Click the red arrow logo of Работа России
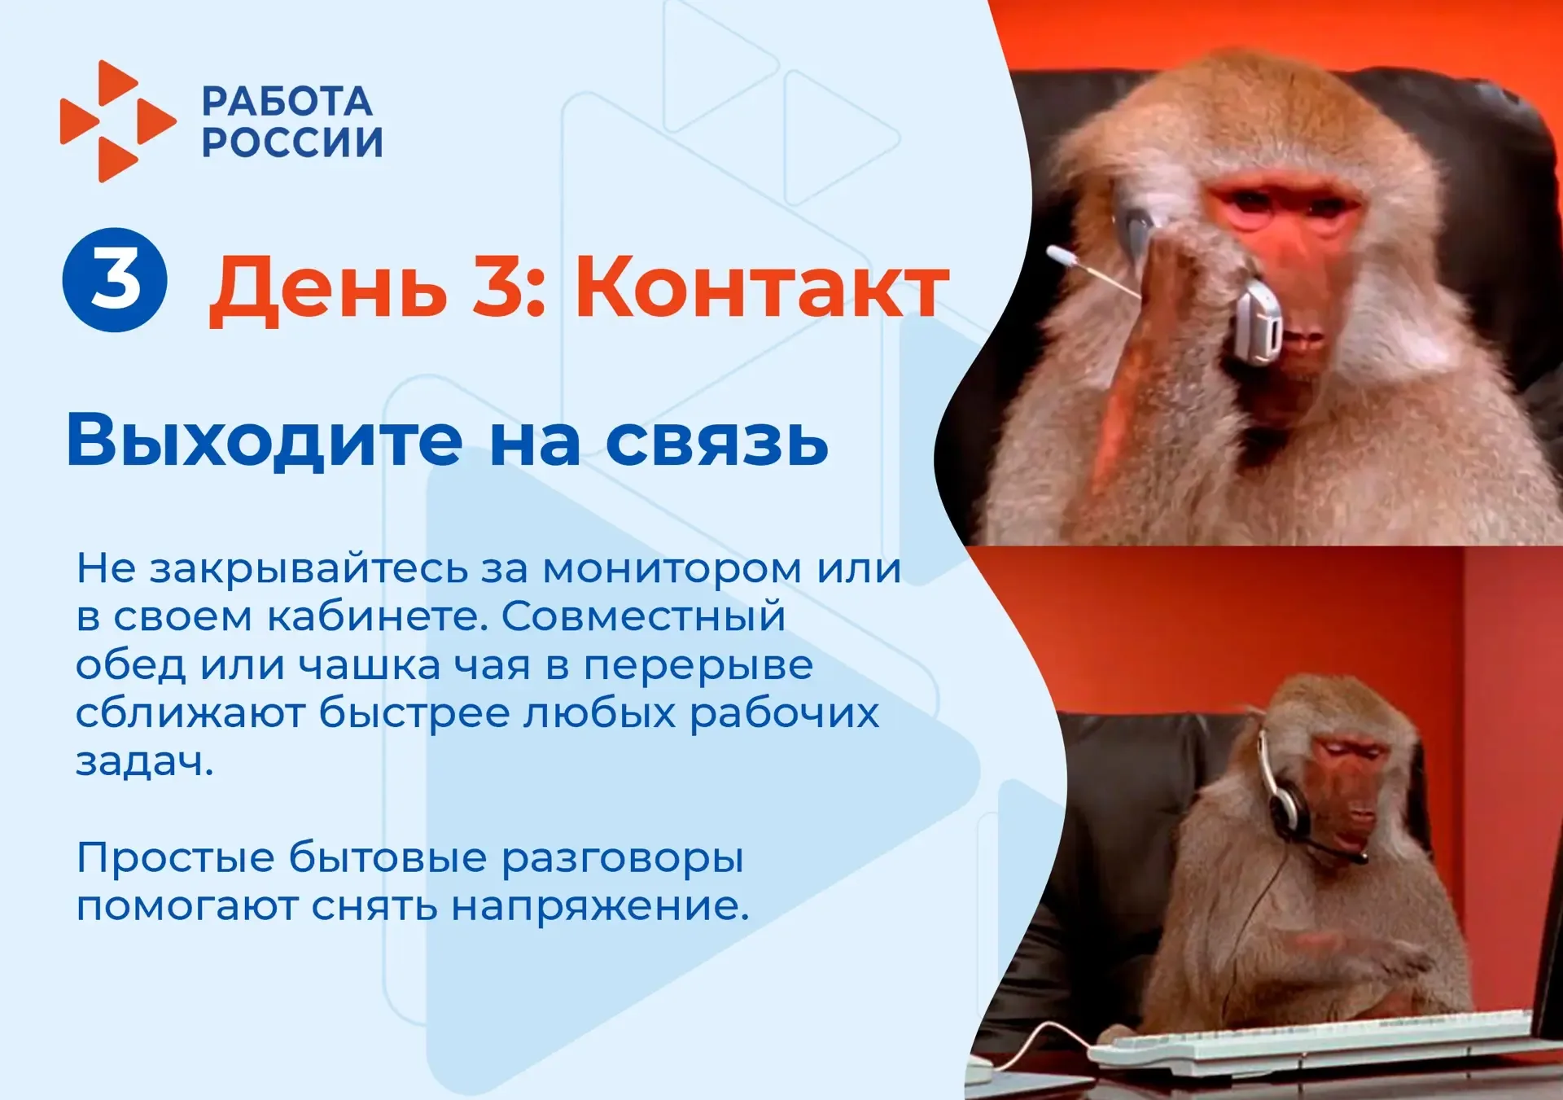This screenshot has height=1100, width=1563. coord(118,121)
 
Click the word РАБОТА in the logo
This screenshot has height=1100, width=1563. coord(287,102)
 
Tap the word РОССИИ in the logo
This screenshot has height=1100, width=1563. coord(292,142)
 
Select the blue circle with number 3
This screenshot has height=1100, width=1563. coord(115,279)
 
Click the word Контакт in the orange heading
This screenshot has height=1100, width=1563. coord(762,287)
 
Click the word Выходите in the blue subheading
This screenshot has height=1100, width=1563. coord(265,440)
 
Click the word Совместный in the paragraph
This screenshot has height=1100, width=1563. coord(643,616)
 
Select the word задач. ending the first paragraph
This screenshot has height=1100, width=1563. coord(144,762)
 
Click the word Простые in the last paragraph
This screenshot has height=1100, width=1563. coord(176,857)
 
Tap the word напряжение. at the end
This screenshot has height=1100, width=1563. coord(600,906)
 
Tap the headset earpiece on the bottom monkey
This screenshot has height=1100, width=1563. coord(1289,802)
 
